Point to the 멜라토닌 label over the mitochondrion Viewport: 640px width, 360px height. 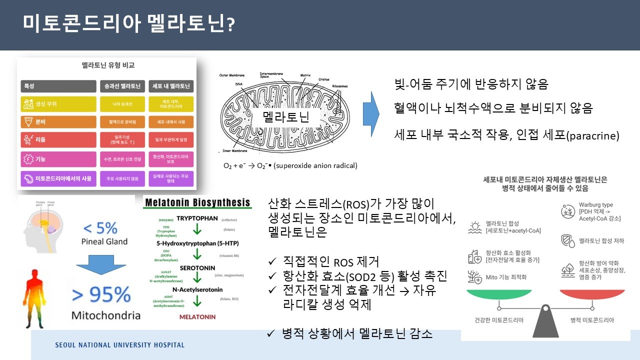point(286,117)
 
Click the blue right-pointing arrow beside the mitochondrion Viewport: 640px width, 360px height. point(371,114)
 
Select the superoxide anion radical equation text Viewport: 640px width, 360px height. point(290,165)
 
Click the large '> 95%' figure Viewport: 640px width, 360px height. point(101,295)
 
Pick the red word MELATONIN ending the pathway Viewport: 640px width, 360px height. point(197,316)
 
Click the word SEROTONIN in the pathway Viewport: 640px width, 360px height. point(197,267)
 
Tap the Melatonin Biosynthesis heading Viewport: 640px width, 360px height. point(197,203)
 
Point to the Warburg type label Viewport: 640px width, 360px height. point(595,205)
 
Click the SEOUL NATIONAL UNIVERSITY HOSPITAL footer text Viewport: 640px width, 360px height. point(119,345)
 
